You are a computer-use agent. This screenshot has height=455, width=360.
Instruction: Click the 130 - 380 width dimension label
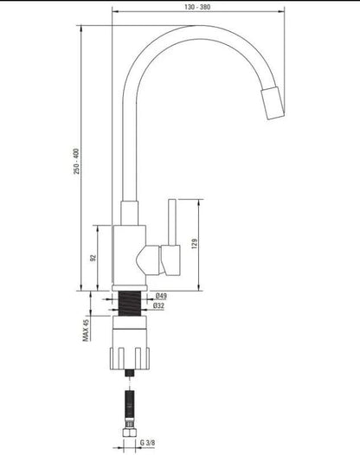click(x=197, y=7)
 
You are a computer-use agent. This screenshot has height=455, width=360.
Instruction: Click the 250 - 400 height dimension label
click(x=76, y=162)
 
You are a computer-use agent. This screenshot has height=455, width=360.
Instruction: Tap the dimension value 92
click(x=93, y=258)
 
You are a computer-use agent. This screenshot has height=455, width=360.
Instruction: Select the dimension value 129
click(x=194, y=244)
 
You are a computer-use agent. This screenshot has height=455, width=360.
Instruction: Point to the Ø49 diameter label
click(x=161, y=296)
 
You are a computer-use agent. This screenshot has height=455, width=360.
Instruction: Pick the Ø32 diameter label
click(x=158, y=305)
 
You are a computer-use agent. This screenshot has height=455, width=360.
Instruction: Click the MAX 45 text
click(x=86, y=330)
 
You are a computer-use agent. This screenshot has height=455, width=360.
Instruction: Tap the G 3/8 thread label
click(x=147, y=443)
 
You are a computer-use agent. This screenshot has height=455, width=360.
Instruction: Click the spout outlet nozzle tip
click(x=273, y=103)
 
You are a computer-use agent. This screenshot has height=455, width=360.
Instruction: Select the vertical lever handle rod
click(x=172, y=222)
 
